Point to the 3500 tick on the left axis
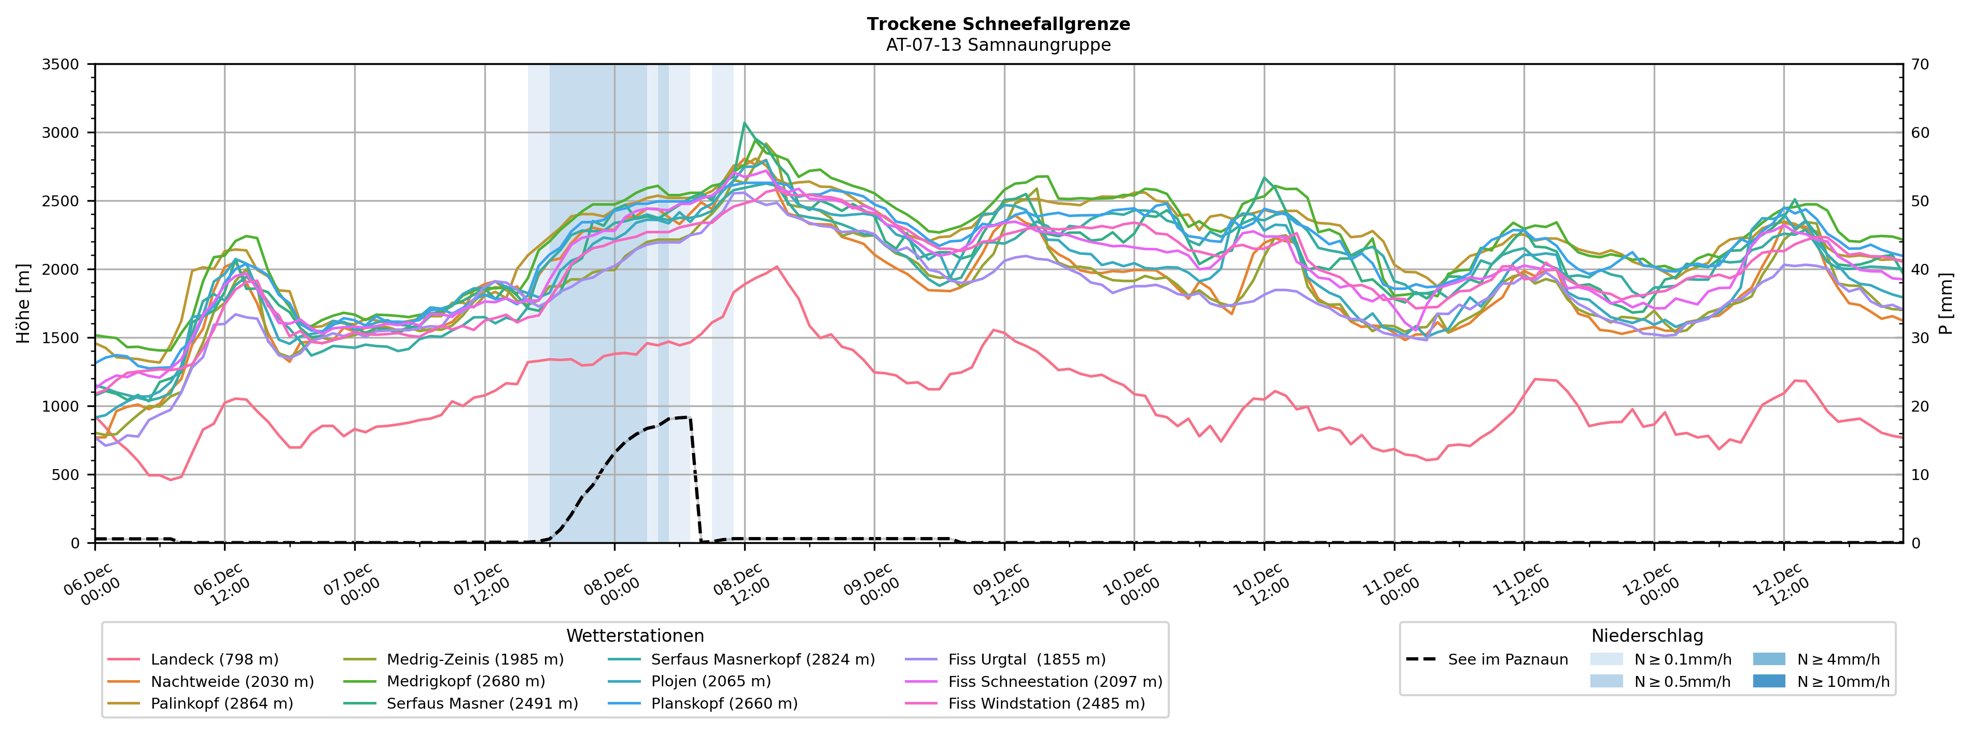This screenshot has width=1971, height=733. pyautogui.click(x=61, y=64)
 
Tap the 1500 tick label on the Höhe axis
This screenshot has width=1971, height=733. pyautogui.click(x=61, y=338)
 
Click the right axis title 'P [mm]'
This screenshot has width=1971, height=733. pyautogui.click(x=1946, y=304)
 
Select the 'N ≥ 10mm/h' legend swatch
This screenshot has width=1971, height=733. pyautogui.click(x=1768, y=682)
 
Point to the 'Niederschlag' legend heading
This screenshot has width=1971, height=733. pyautogui.click(x=1646, y=636)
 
